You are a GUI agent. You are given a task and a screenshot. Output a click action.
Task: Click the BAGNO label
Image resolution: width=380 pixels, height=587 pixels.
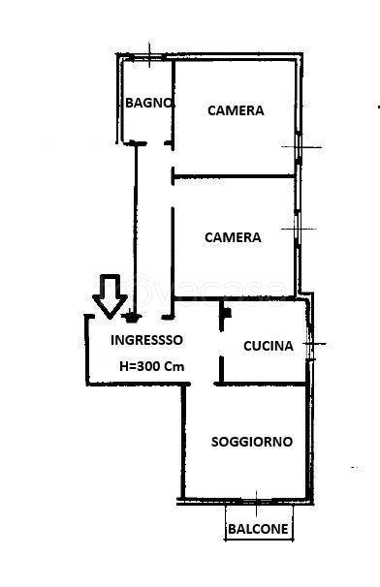(148, 103)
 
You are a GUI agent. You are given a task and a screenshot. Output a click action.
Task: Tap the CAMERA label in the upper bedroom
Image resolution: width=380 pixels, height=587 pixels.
(236, 110)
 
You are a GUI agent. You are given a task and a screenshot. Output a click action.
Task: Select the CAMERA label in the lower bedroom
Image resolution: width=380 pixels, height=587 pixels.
(233, 237)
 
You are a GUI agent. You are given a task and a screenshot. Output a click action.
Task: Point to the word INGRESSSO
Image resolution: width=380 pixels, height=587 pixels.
(146, 340)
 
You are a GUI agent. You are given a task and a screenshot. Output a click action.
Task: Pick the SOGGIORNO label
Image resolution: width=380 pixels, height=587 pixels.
(252, 442)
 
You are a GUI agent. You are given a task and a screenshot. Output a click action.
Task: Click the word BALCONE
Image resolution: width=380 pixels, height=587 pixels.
(258, 529)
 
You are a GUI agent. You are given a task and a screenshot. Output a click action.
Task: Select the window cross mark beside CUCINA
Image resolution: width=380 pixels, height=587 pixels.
(314, 344)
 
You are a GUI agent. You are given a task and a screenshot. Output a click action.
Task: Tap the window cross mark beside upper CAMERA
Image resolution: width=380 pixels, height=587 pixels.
(300, 146)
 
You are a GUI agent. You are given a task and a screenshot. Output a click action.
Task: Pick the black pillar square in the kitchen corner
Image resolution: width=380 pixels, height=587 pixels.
(226, 313)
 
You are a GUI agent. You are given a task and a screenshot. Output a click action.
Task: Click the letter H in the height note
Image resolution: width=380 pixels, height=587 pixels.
(123, 367)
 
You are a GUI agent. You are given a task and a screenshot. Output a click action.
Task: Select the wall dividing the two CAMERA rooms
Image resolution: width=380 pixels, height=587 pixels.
(233, 176)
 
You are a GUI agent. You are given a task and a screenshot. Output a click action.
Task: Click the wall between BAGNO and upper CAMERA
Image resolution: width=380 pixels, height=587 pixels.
(173, 102)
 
